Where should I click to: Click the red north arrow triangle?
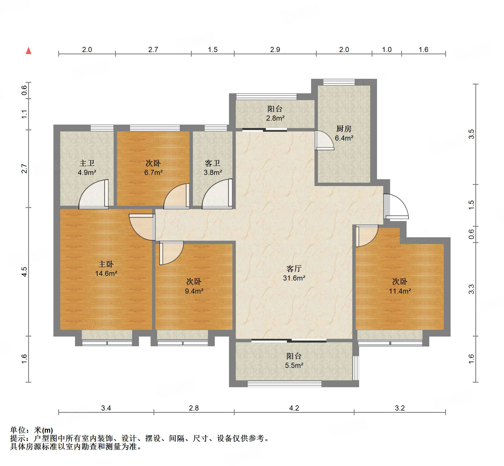28,51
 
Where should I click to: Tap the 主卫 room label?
87,163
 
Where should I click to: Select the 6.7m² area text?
153,172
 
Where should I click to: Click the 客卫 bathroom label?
213,163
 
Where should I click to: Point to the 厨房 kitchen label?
344,129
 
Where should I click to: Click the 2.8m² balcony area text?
275,118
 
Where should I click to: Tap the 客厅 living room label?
294,269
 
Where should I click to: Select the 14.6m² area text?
106,273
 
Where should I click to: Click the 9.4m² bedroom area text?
194,291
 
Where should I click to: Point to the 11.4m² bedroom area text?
400,291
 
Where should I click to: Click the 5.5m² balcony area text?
294,365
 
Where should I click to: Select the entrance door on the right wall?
396,207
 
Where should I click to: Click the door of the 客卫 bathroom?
217,194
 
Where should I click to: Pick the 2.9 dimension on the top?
275,50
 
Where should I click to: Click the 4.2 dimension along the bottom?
294,408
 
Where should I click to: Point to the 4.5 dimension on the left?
25,272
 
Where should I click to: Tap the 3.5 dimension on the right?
471,134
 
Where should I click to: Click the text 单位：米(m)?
32,430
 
